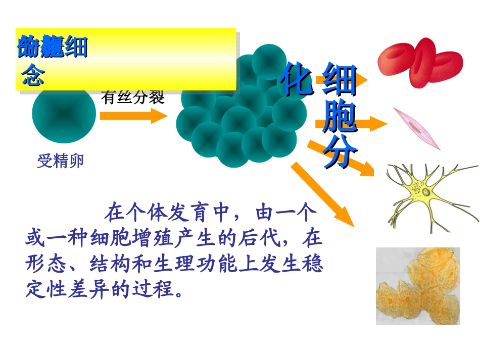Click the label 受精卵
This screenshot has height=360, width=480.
60,162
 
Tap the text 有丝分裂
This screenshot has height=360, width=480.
133,97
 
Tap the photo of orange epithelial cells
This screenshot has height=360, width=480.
418,286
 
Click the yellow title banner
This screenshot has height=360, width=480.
126,59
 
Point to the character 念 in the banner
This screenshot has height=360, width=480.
33,76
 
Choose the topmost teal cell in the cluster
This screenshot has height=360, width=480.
269,62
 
